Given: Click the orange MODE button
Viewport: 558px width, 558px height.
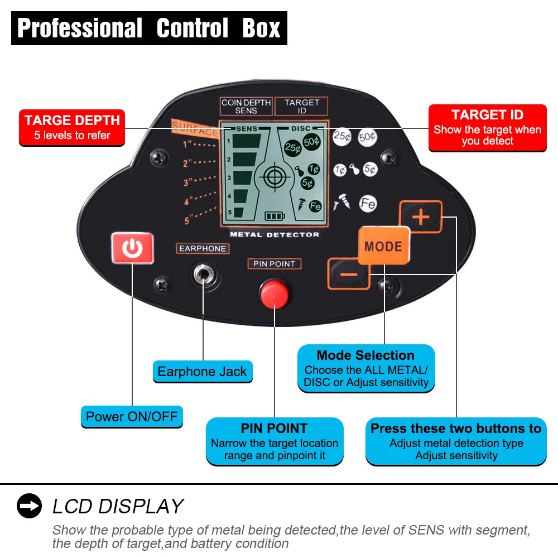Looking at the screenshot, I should (x=383, y=246).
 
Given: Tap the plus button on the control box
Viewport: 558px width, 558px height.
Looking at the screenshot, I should (x=420, y=217).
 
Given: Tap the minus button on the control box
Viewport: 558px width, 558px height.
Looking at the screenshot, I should (x=349, y=274).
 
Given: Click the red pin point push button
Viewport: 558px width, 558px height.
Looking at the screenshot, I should (x=275, y=292).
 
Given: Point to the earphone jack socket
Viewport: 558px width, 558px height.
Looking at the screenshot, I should (x=203, y=275).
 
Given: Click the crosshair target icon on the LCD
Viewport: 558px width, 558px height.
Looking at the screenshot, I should (x=273, y=177).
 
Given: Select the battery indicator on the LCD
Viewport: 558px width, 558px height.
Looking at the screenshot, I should (x=274, y=216).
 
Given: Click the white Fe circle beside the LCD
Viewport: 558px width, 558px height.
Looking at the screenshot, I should (x=368, y=204).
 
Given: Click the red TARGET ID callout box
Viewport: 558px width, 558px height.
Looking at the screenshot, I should (x=487, y=128).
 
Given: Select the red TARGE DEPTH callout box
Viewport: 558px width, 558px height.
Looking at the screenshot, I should (x=72, y=128).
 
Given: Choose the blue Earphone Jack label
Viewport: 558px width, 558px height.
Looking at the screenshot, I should (x=202, y=372).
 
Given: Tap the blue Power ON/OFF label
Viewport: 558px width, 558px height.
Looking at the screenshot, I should (x=132, y=416).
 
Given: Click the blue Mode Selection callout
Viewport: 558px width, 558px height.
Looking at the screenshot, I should (x=366, y=368).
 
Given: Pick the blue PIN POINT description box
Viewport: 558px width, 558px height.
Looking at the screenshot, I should (x=275, y=441).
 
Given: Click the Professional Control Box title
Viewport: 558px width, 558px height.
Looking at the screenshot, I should (x=149, y=28).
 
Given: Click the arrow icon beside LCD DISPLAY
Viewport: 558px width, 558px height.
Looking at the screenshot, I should (x=29, y=506).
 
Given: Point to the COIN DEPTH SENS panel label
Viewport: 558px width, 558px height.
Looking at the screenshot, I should (x=246, y=106).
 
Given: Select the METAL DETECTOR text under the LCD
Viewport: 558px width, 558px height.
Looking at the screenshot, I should (x=275, y=234).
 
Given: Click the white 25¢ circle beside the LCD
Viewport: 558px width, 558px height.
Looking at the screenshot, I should (x=341, y=136).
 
